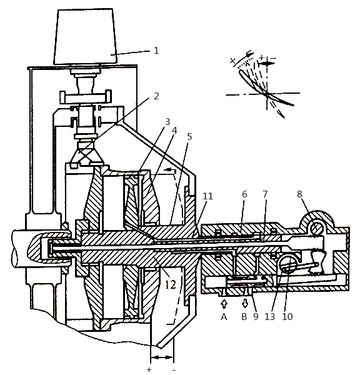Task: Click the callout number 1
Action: point(156,51)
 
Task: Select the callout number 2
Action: point(156,96)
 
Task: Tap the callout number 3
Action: point(167,122)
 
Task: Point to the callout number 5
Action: point(189,136)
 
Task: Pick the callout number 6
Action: point(244,194)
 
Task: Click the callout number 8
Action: point(300,194)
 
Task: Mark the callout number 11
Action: point(207,196)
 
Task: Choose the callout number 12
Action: point(171,284)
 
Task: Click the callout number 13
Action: point(270,317)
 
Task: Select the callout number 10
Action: point(287,317)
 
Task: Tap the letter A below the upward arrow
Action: point(224,317)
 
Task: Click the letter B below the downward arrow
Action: point(244,317)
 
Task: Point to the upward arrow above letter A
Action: point(224,304)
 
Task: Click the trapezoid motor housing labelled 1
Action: point(86,37)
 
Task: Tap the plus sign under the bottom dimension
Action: point(149,369)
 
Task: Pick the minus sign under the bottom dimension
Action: point(174,370)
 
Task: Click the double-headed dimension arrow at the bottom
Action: point(162,357)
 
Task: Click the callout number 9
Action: point(256,317)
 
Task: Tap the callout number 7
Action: point(265,194)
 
